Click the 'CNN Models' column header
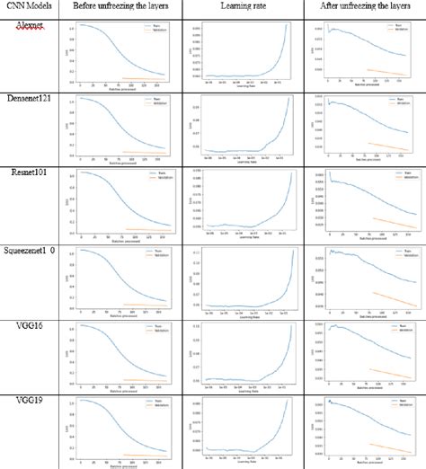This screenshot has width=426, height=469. pos(31,9)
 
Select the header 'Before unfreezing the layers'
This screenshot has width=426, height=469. pos(119,9)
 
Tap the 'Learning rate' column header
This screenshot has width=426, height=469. pos(240,9)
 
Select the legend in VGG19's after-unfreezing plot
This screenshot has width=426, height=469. pos(402,403)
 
